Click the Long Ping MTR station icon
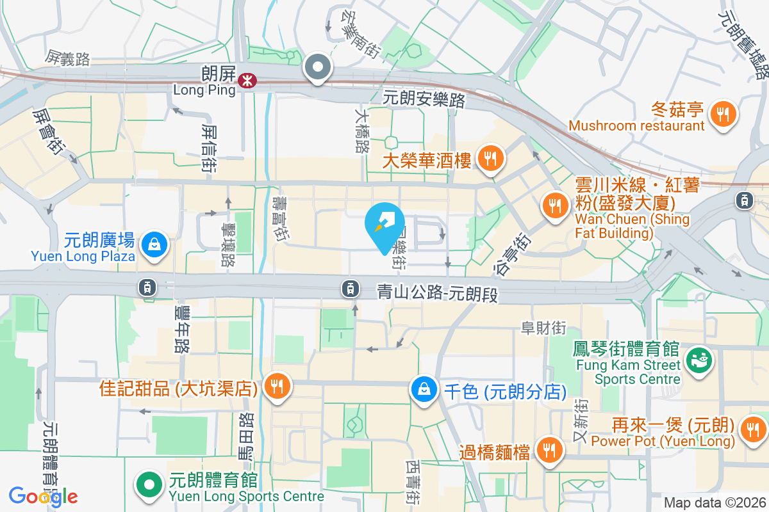coord(246,81)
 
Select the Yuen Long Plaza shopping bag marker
coord(154,244)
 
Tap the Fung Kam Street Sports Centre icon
coord(699,362)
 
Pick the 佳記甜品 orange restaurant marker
coord(277,387)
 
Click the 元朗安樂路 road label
coord(424,99)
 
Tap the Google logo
coord(43,496)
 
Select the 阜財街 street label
coord(543,328)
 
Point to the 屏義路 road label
coord(67,59)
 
